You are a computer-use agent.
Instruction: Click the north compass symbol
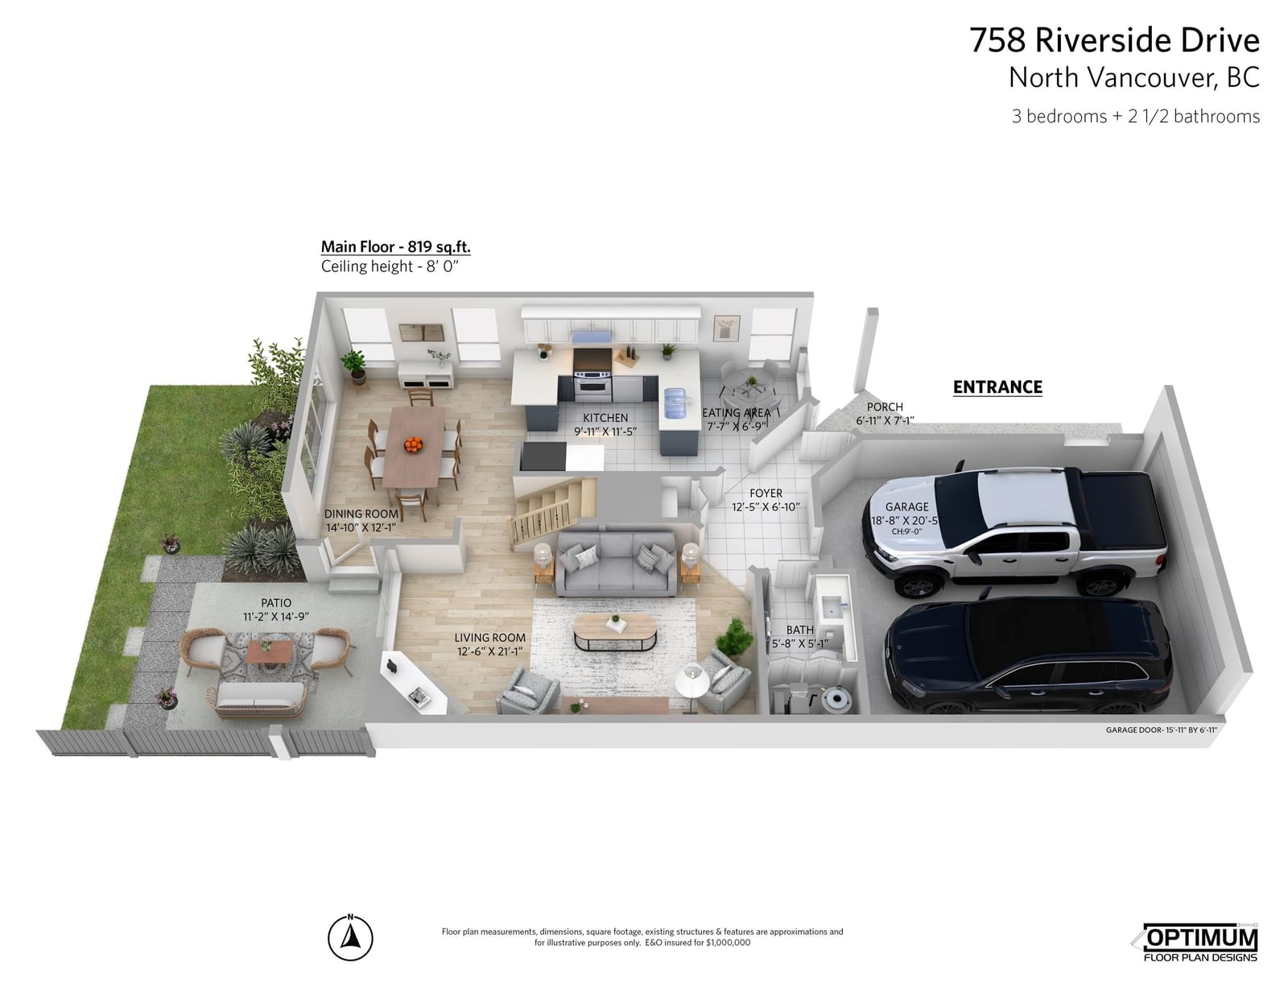tap(350, 938)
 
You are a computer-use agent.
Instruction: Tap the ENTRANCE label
tap(997, 387)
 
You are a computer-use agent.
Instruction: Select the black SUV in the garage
tap(1028, 656)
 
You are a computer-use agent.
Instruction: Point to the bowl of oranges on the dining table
tap(413, 444)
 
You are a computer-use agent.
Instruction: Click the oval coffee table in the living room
tap(615, 632)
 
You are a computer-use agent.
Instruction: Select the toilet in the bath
tap(835, 698)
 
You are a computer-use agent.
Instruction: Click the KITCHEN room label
tap(605, 417)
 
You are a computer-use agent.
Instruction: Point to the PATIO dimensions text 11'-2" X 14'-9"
tap(276, 617)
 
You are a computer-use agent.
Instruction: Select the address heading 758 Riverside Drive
tap(1114, 40)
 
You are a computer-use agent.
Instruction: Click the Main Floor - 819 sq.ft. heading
tap(395, 246)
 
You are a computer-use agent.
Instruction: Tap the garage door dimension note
tap(1161, 729)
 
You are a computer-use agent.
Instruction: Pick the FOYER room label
tap(766, 494)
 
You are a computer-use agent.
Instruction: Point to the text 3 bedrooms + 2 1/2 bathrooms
tap(1136, 116)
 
